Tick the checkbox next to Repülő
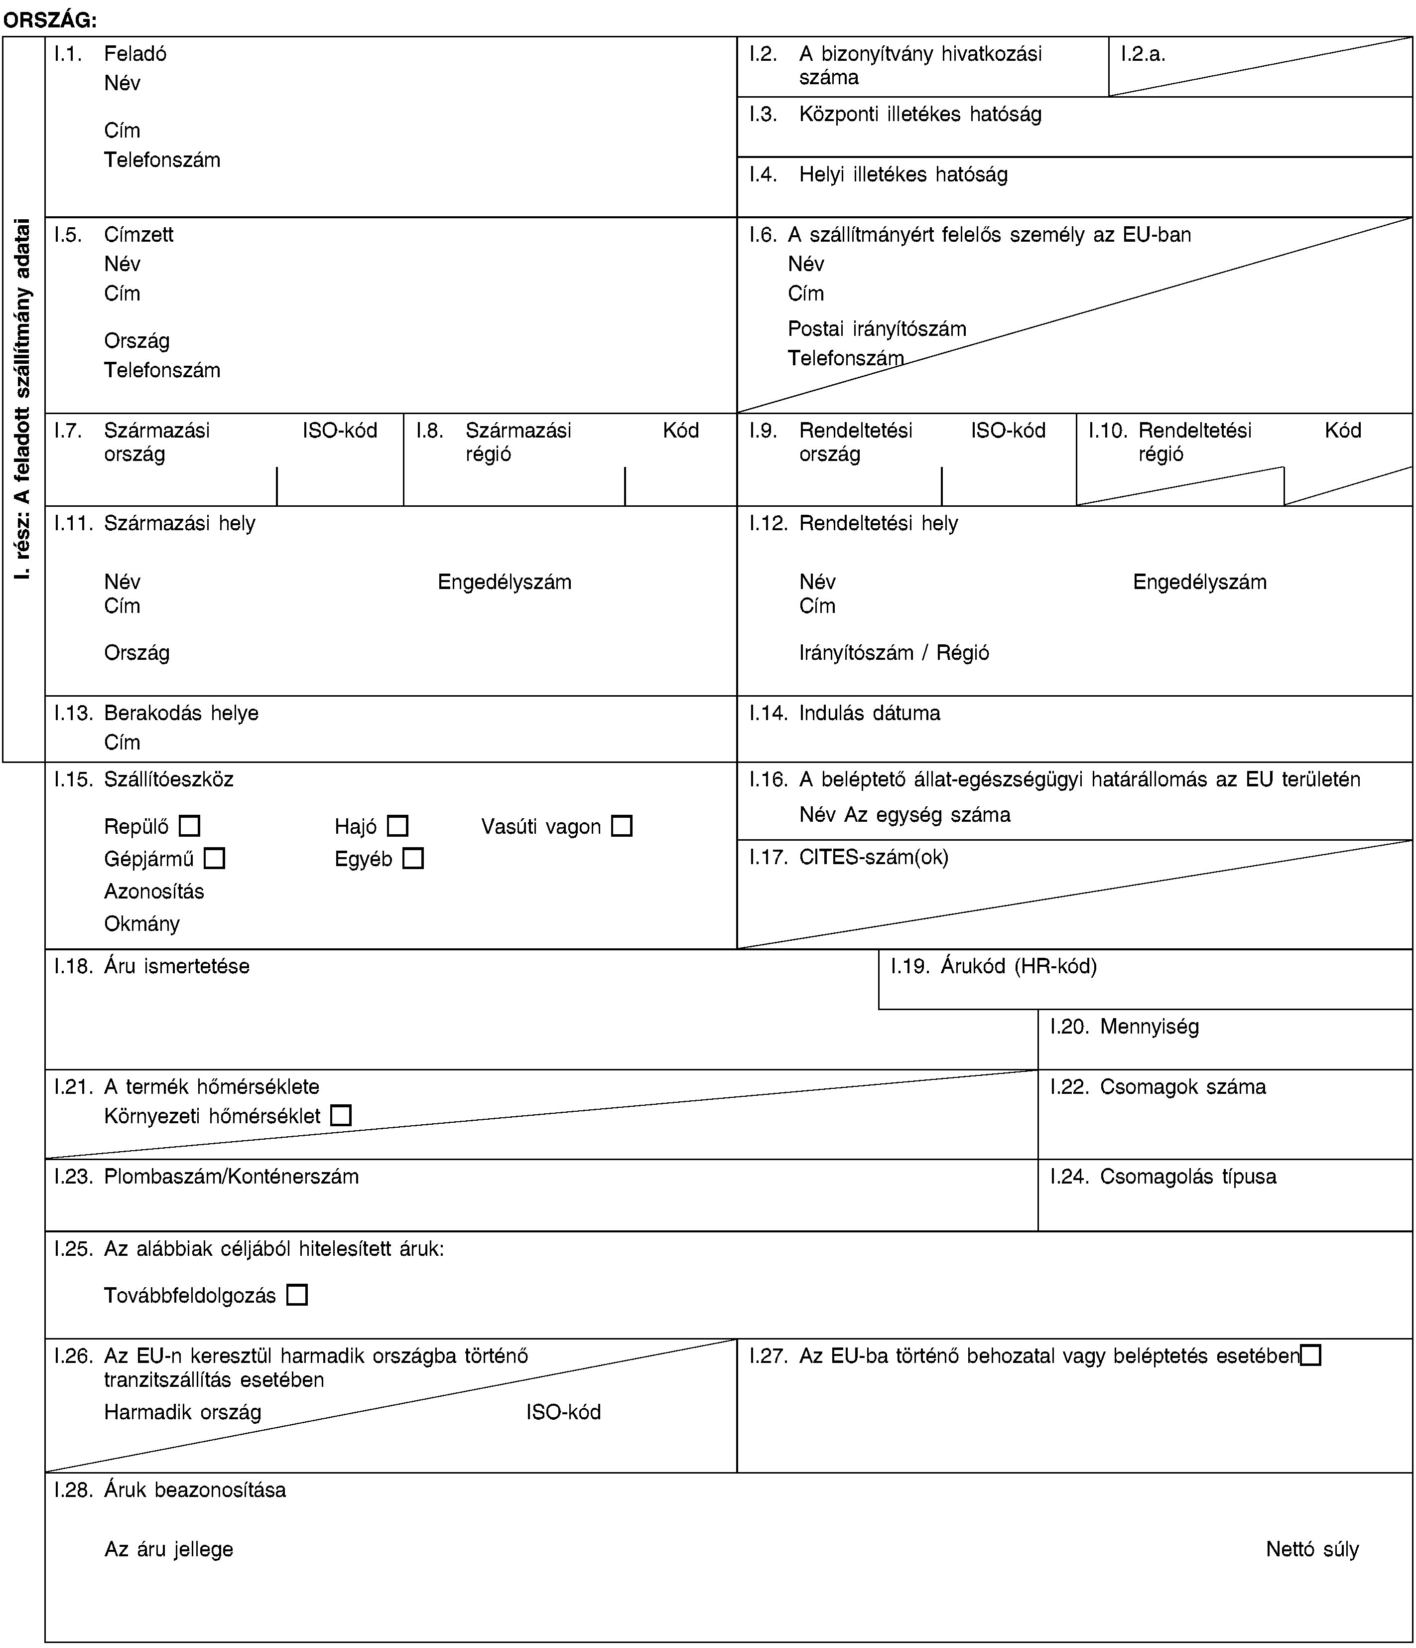(x=189, y=826)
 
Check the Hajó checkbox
(x=397, y=826)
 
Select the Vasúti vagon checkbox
(x=622, y=826)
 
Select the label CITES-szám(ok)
(x=873, y=857)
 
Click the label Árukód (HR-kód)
(x=1019, y=966)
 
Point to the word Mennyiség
(x=1149, y=1027)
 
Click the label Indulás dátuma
(x=869, y=713)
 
